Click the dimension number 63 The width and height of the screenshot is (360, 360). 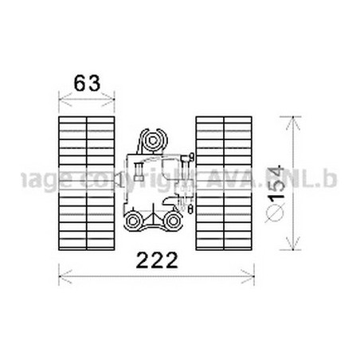tap(88, 83)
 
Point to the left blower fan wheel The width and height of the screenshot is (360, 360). tap(87, 178)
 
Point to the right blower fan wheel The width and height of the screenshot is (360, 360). tap(224, 178)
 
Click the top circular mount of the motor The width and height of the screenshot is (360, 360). tap(153, 141)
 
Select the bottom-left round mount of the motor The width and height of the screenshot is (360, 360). tap(135, 221)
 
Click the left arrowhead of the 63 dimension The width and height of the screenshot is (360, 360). tap(63, 101)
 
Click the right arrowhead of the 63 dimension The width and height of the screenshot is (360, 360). tap(112, 101)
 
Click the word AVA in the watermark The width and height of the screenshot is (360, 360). tap(220, 179)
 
